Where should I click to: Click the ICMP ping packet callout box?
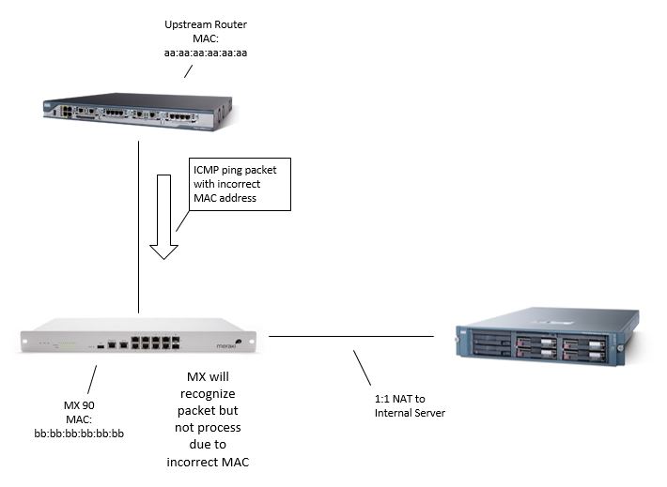(240, 182)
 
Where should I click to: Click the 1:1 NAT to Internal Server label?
(405, 405)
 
